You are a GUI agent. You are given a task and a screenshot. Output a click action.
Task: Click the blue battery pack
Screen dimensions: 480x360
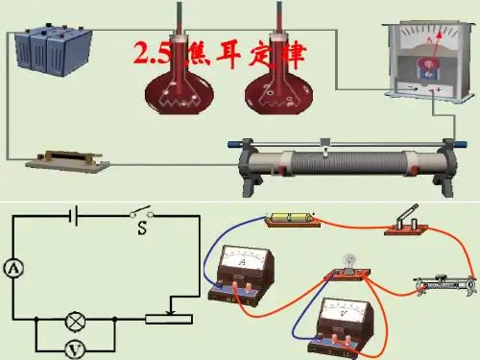click(54, 50)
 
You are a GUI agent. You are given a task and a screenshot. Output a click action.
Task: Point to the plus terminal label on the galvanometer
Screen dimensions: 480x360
click(439, 89)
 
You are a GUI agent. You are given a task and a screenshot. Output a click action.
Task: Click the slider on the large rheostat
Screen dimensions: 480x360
click(325, 147)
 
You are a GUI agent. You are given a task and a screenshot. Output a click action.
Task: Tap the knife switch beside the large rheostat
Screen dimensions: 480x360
click(68, 161)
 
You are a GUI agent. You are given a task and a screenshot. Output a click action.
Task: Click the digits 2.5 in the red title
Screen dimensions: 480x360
click(152, 53)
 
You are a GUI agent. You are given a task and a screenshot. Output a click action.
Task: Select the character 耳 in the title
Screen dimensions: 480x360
click(228, 55)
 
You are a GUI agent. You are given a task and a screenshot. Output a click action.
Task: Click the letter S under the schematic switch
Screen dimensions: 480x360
click(142, 228)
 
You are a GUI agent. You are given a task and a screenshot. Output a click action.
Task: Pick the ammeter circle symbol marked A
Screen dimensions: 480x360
click(13, 268)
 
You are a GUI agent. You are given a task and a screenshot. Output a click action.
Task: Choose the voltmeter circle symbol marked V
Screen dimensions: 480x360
click(75, 349)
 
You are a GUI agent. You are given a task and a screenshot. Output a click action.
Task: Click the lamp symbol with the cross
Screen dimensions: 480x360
click(76, 321)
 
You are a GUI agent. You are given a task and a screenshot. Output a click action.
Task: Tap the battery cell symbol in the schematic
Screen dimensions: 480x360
click(74, 216)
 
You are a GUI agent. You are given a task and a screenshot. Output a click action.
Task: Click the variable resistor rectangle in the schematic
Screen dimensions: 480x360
click(169, 320)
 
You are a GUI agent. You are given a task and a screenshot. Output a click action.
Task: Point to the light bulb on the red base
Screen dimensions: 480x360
click(348, 261)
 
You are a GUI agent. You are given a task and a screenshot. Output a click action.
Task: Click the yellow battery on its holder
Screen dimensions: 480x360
click(291, 218)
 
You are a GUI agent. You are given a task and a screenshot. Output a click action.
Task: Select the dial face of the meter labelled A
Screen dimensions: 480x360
click(243, 259)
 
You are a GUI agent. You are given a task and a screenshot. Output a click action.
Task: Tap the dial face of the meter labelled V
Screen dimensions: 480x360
click(343, 310)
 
